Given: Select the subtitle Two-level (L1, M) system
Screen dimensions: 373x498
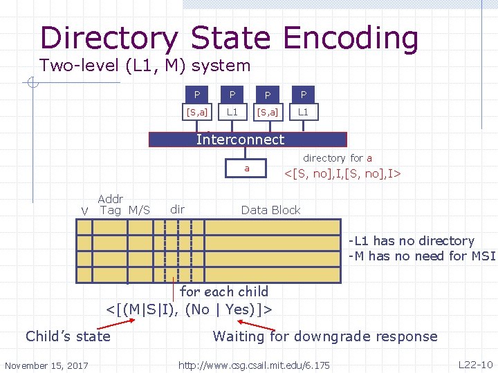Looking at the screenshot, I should pos(145,66).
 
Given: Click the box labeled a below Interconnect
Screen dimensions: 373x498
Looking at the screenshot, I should pos(247,169).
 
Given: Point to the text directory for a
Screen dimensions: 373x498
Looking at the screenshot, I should pos(338,158).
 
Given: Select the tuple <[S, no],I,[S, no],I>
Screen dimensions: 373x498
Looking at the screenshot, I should pos(343,171).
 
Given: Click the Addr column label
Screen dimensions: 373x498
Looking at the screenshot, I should pos(111,199).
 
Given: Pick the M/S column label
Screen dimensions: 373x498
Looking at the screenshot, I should pos(138,210).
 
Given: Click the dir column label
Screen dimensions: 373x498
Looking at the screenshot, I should pos(177,209).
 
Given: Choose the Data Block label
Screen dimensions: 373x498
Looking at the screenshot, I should pos(270,210).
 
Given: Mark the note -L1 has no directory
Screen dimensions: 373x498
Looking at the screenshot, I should pos(412,241).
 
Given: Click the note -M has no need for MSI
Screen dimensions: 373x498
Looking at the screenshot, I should pos(422,256).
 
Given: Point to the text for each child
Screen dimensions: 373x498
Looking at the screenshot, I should pos(223,291).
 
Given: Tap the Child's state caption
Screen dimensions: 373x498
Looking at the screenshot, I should pos(68,336).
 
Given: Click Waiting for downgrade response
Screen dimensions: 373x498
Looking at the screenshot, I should pos(325,336).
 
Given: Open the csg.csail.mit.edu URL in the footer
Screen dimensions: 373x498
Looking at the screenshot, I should pos(254,364).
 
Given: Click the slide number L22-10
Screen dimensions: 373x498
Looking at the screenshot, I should pos(475,364).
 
